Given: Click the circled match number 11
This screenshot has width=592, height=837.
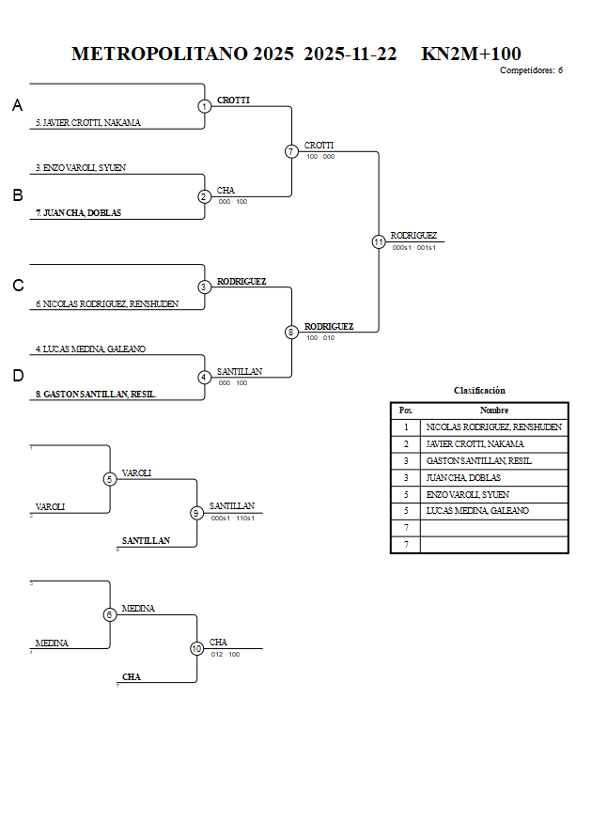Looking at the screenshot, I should (379, 241).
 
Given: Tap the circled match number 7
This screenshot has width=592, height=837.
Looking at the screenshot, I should (291, 151).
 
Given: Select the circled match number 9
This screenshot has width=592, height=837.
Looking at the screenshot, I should (196, 513).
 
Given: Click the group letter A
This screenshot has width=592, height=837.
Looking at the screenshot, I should (17, 106).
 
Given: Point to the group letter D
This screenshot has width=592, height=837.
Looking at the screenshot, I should (17, 376).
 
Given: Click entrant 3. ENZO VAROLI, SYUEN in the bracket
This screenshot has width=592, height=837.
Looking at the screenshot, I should (81, 167).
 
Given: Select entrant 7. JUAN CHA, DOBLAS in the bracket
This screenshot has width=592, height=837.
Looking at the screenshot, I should (78, 213).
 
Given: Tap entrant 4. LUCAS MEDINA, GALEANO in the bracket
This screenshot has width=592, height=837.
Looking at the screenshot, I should (90, 349).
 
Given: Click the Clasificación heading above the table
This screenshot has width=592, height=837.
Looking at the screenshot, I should (479, 390).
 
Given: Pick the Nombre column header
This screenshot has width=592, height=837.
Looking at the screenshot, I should (493, 411).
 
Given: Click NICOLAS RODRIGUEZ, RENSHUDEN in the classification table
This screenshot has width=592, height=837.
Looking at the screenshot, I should (493, 427).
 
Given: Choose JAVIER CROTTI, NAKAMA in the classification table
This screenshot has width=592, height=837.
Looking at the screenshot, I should (475, 443).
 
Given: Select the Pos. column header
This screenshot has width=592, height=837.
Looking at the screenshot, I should (405, 411).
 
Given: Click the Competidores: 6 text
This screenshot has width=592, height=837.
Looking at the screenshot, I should (531, 70).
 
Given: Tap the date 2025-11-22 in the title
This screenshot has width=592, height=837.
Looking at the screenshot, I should (351, 54).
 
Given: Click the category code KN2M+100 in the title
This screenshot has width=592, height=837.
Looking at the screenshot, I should (471, 54).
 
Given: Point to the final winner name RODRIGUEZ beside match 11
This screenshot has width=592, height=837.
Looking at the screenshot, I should (413, 236).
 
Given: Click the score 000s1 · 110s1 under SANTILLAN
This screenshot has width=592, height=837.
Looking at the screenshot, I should (232, 518).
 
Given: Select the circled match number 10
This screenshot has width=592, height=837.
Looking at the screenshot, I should (196, 648).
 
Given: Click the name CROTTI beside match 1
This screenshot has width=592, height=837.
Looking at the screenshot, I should (233, 100).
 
